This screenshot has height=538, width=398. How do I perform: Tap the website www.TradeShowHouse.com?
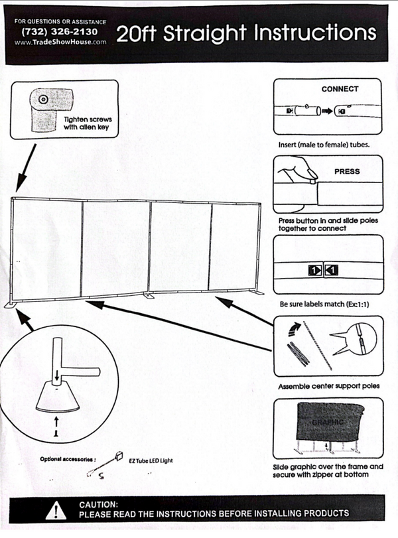(x=60, y=42)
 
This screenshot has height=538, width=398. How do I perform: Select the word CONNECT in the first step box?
(x=340, y=89)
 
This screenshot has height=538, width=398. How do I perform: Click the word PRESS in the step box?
(x=346, y=171)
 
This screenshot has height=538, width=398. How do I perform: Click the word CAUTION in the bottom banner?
(x=99, y=505)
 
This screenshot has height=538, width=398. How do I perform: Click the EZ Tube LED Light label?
(x=147, y=459)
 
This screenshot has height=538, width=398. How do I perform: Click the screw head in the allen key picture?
(x=43, y=99)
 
